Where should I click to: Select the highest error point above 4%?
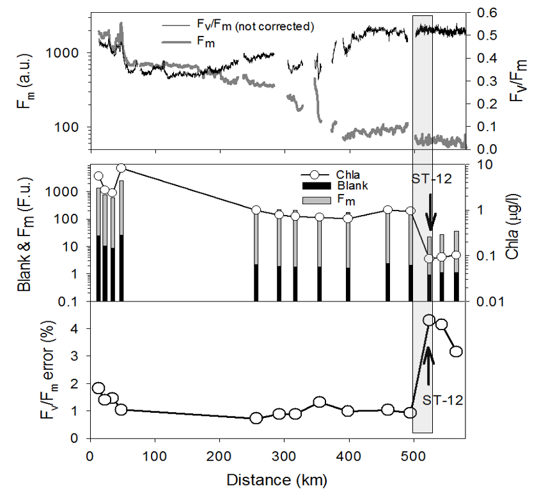(429, 320)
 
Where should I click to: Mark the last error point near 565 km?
(457, 351)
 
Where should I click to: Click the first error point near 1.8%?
(98, 388)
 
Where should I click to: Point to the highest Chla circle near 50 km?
(121, 168)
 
